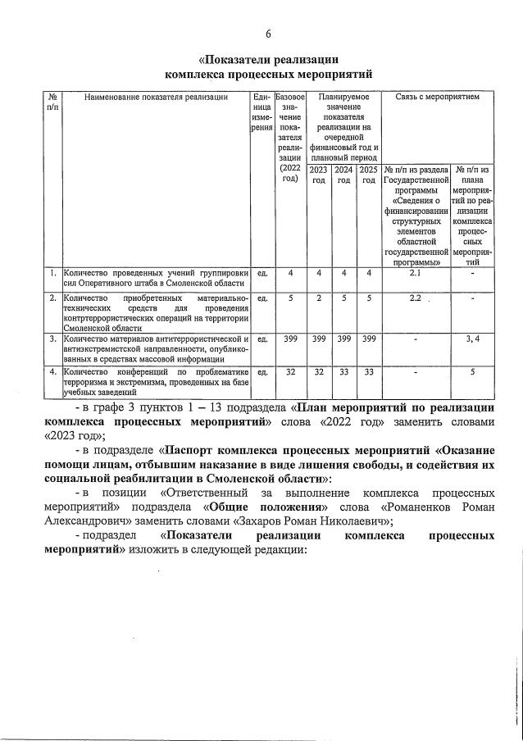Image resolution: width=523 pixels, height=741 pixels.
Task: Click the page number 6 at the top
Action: click(x=267, y=34)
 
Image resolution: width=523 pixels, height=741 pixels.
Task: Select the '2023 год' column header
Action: click(x=316, y=175)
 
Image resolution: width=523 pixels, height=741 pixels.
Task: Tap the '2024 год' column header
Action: click(x=343, y=175)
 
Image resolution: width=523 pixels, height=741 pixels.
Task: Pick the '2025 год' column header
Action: click(x=368, y=175)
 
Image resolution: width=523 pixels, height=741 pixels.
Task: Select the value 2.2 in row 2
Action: click(x=415, y=298)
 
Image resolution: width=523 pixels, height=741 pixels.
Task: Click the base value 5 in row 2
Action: click(x=290, y=298)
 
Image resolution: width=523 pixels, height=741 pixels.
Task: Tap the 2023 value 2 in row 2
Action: click(x=316, y=298)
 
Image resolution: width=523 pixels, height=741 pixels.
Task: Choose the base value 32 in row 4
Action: click(x=290, y=371)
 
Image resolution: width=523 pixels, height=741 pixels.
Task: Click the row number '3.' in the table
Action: click(x=52, y=338)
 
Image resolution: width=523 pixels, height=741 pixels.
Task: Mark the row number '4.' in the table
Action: click(x=52, y=371)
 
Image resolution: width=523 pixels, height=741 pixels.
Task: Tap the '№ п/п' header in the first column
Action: click(x=52, y=102)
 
